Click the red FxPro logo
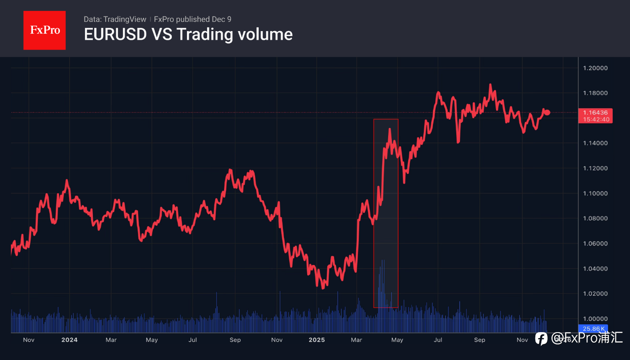point(44,30)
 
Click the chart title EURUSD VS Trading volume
point(188,34)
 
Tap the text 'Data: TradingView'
point(115,19)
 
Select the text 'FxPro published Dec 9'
point(192,19)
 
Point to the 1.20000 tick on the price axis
point(594,68)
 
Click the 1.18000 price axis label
point(594,93)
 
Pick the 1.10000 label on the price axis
point(594,193)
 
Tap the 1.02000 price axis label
point(594,293)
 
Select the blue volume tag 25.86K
point(593,328)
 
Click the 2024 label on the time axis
point(69,340)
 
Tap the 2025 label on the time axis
point(316,340)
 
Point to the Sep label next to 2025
point(479,340)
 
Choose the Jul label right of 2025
point(438,340)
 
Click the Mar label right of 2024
point(111,340)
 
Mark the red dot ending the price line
point(547,112)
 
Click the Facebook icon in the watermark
point(541,338)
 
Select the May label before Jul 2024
point(152,340)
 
